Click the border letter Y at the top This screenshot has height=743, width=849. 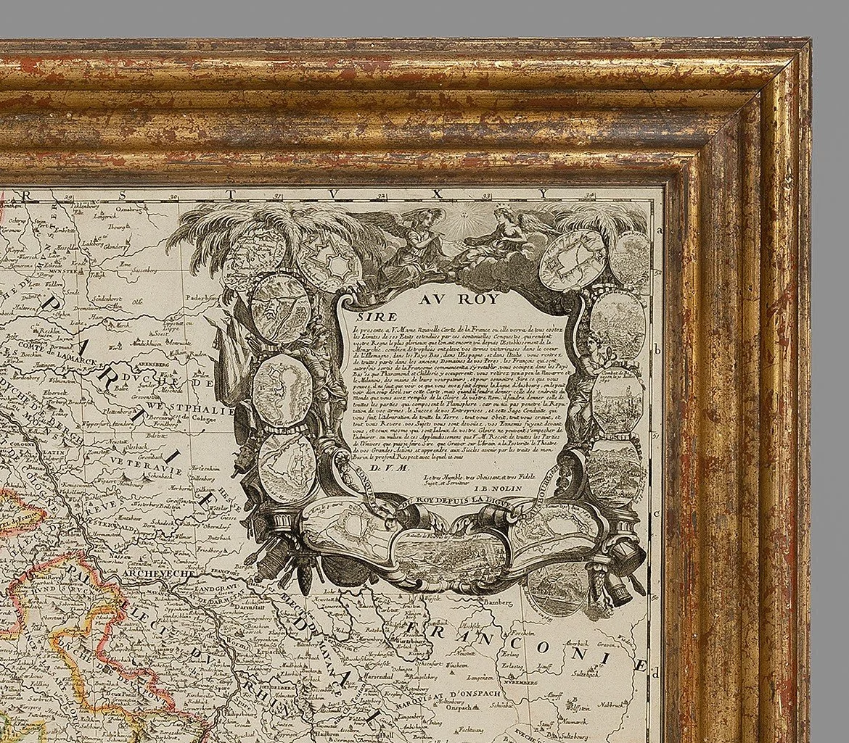point(541,194)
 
